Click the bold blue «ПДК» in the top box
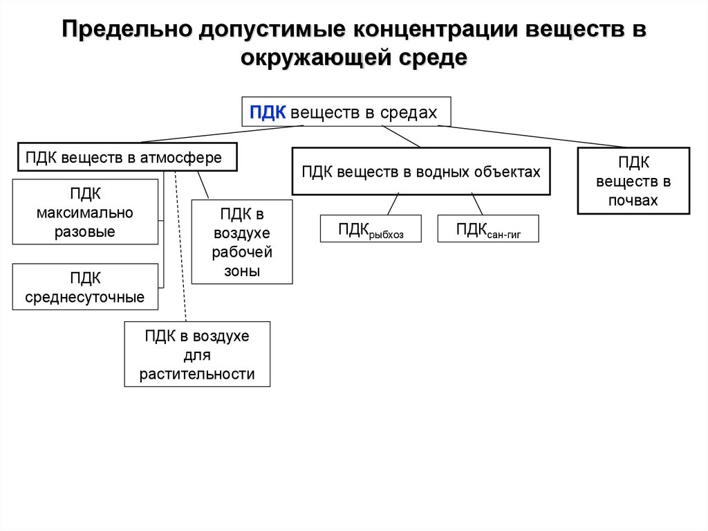[x=268, y=113]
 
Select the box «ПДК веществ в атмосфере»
[x=127, y=157]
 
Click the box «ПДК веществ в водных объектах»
[x=420, y=171]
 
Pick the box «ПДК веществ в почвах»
[x=633, y=181]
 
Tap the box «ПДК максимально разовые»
[x=85, y=212]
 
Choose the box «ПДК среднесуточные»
[x=85, y=287]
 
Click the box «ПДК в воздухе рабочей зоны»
[x=241, y=242]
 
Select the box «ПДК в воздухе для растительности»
[x=197, y=354]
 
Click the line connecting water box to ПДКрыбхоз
[x=393, y=205]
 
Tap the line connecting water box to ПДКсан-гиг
[x=477, y=205]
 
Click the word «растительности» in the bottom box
[x=197, y=375]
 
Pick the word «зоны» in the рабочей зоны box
[x=241, y=271]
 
